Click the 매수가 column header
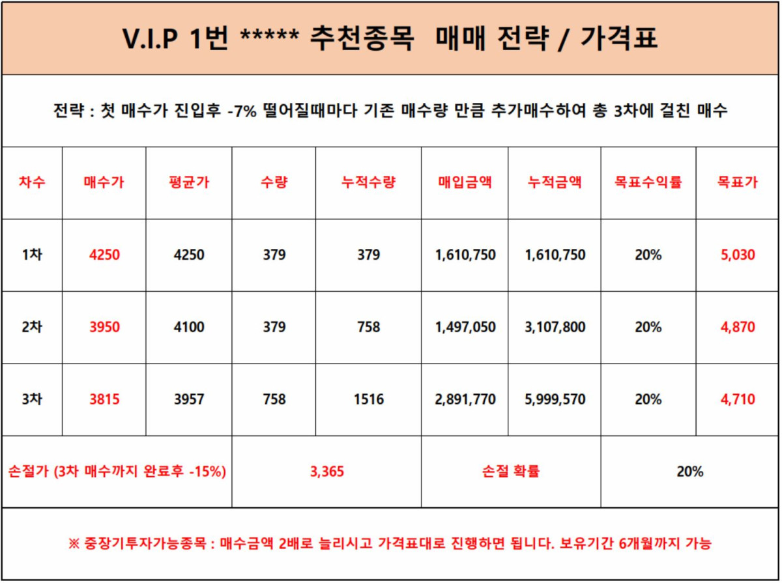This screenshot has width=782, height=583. pyautogui.click(x=104, y=183)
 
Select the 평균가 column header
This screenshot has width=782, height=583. pyautogui.click(x=189, y=183)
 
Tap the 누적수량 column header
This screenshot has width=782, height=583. pyautogui.click(x=368, y=183)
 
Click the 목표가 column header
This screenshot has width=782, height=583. pyautogui.click(x=738, y=183)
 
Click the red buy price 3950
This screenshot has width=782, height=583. pyautogui.click(x=104, y=327)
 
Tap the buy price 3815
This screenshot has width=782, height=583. pyautogui.click(x=104, y=399)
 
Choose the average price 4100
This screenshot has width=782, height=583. pyautogui.click(x=189, y=327)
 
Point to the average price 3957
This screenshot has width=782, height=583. pyautogui.click(x=189, y=399)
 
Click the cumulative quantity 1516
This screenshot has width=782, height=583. pyautogui.click(x=368, y=399)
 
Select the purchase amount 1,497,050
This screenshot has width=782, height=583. pyautogui.click(x=465, y=327)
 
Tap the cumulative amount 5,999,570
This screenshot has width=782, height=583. pyautogui.click(x=555, y=399)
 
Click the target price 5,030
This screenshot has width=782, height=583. pyautogui.click(x=738, y=255)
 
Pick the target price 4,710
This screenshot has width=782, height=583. pyautogui.click(x=738, y=399)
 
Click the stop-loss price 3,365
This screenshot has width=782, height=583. pyautogui.click(x=326, y=472)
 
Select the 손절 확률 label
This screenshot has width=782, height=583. pyautogui.click(x=511, y=472)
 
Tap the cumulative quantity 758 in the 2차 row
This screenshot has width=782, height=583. pyautogui.click(x=368, y=327)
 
